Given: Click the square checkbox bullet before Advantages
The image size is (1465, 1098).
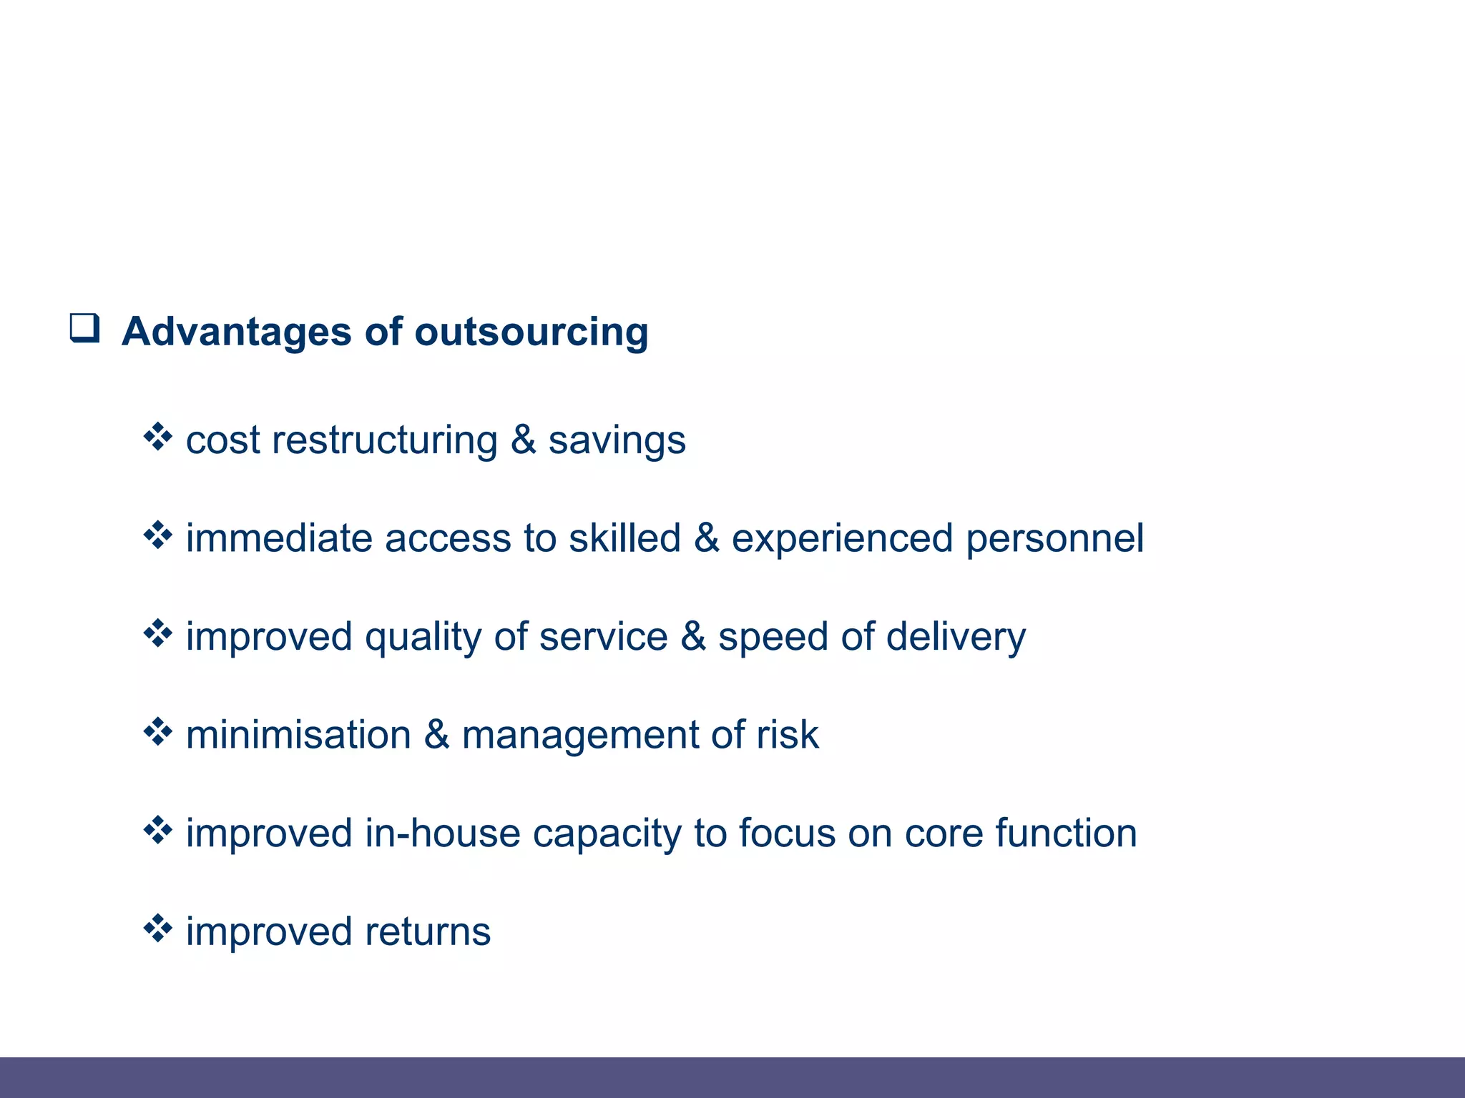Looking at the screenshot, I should pos(84,328).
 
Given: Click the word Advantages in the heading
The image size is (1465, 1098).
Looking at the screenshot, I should pos(237,332).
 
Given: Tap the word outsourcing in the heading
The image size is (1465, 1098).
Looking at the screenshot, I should pos(531,332).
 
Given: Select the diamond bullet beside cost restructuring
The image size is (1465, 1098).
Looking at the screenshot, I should pos(158,437).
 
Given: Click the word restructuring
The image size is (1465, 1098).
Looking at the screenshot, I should pos(385,440).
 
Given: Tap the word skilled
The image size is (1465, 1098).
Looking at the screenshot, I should pos(624,538).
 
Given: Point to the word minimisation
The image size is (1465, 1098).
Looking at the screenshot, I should pos(298,735).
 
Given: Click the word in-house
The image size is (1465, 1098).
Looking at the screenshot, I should pos(442,834).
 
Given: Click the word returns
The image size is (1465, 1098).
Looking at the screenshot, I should pos(428,932).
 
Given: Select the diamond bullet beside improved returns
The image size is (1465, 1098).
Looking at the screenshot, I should pos(158,929).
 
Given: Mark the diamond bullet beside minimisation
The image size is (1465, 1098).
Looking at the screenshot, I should pos(158,732).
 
